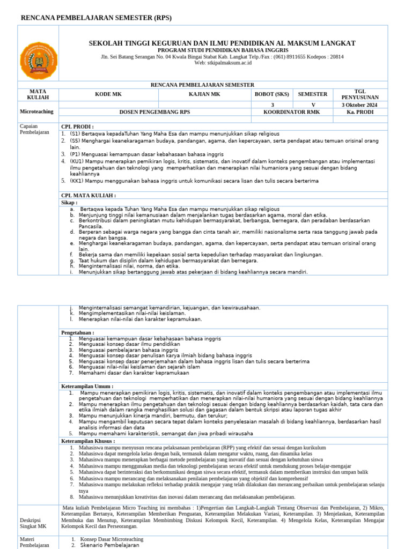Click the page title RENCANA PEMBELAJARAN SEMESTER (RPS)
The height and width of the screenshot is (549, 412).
[96, 18]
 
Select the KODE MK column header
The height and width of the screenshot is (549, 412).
[108, 94]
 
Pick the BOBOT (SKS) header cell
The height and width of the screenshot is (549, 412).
[272, 94]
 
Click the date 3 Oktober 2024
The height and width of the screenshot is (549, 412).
[359, 105]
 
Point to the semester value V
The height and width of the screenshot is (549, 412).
[313, 105]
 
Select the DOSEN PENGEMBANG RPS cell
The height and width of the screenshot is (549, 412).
[156, 112]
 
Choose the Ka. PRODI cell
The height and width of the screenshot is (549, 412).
[359, 112]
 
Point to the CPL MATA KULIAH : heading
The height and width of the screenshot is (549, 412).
[89, 196]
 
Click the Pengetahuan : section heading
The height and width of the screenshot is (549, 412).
[78, 332]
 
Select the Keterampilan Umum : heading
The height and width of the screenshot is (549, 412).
[87, 386]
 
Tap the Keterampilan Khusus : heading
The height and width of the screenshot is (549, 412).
[88, 441]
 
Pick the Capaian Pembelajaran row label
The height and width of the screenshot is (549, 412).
[34, 129]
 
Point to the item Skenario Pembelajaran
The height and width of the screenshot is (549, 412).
[109, 545]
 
